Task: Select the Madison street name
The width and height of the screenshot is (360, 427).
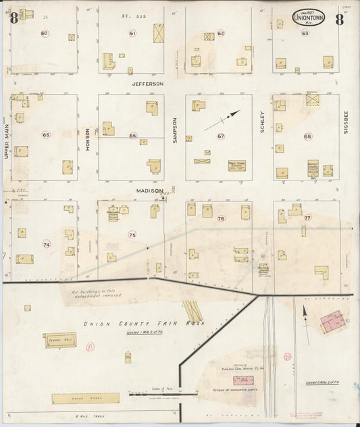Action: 149,191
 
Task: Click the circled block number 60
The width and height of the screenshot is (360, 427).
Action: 45,33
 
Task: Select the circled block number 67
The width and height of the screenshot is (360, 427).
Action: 220,136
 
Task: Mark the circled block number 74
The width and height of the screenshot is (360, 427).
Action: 46,244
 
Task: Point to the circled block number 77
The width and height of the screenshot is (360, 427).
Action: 307,218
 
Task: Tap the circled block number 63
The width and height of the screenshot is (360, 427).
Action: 305,32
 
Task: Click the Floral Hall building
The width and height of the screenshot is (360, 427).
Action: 60,340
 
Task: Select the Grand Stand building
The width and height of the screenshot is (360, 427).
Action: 85,399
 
